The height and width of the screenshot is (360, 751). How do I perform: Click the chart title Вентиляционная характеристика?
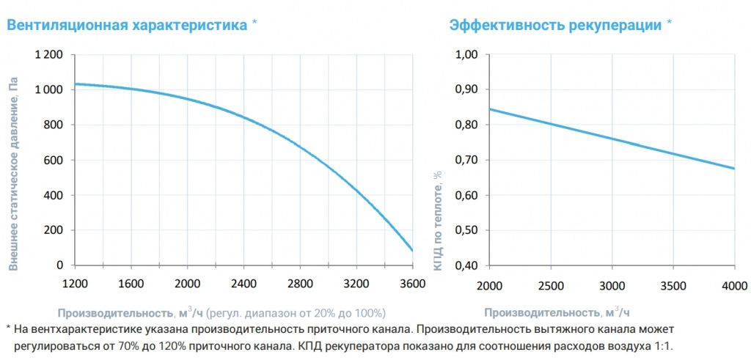(127, 25)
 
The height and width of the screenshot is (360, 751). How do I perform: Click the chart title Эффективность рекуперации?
(555, 25)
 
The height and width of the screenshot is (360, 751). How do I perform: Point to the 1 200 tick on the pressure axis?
(49, 55)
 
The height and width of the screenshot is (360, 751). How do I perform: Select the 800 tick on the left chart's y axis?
(53, 125)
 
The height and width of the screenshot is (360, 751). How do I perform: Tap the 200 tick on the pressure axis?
(53, 230)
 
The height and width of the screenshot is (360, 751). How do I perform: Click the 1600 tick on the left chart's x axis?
(131, 284)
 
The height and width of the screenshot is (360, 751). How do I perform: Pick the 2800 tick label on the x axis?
(300, 284)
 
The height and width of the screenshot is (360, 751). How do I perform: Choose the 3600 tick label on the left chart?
(413, 284)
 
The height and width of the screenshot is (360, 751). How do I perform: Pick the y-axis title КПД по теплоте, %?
(439, 220)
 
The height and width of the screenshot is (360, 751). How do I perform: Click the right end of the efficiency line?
(733, 169)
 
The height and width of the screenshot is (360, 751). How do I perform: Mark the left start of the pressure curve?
(76, 84)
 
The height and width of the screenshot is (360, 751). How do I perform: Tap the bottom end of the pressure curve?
(413, 251)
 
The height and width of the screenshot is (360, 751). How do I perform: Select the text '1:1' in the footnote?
(662, 345)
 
